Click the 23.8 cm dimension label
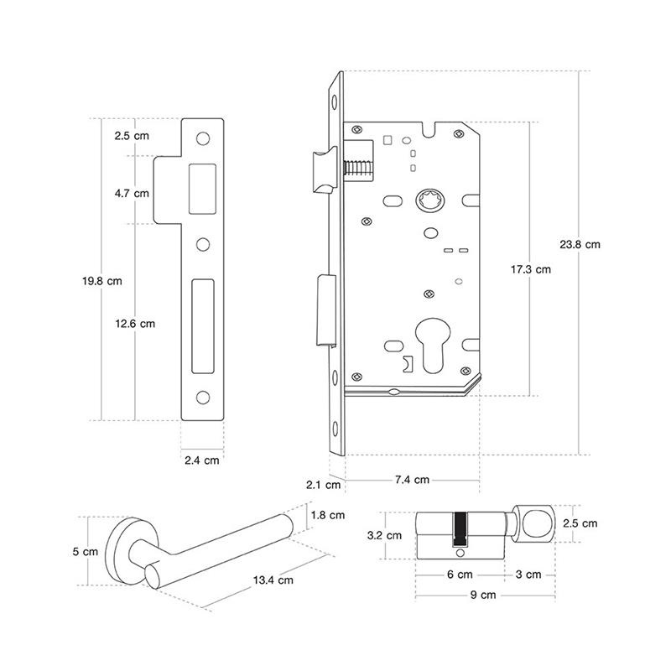tap(580, 245)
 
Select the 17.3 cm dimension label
tap(531, 269)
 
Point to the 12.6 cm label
tap(134, 323)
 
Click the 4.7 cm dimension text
tap(132, 193)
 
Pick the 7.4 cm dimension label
tap(412, 480)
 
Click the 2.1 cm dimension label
tap(323, 484)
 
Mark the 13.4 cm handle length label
tap(274, 580)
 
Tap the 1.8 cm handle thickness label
tap(327, 515)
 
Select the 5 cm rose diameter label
tap(86, 551)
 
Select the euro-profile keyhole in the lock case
tap(434, 340)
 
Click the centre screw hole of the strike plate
tap(202, 245)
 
